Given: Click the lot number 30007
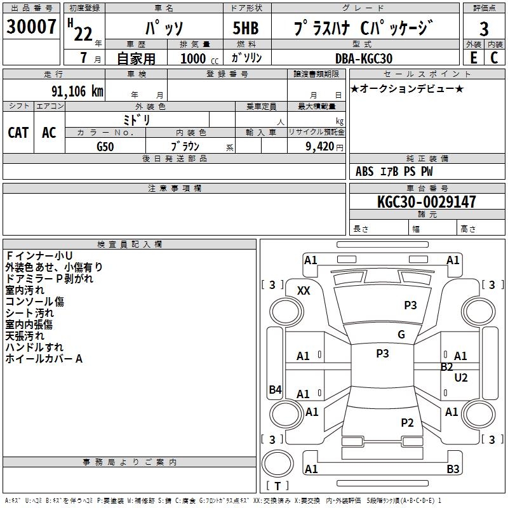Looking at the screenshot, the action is click(32, 27).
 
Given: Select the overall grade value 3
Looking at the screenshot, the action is click(484, 29).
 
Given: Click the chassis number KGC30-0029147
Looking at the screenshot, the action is click(426, 202).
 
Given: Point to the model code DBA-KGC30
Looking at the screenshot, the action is click(364, 58).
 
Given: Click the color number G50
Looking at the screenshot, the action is click(105, 146).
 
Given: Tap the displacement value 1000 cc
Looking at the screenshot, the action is click(199, 58).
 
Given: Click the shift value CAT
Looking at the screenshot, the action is click(18, 132).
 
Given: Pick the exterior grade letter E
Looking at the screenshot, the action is click(473, 58).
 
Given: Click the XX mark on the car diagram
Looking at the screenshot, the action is click(304, 290).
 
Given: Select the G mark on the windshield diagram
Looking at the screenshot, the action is click(401, 335).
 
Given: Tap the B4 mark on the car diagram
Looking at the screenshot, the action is click(275, 390).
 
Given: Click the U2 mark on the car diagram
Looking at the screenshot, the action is click(461, 378).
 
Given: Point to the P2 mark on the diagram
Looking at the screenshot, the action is click(408, 423).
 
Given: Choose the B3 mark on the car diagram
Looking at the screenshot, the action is click(453, 469).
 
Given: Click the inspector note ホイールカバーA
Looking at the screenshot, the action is click(44, 359).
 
